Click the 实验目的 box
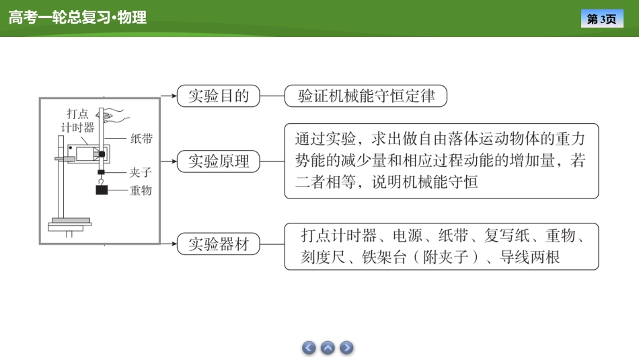pyautogui.click(x=219, y=96)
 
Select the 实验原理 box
pyautogui.click(x=219, y=161)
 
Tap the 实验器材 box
pyautogui.click(x=219, y=244)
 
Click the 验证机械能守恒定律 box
pyautogui.click(x=366, y=96)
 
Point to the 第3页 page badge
pyautogui.click(x=601, y=19)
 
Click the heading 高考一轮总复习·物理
pyautogui.click(x=77, y=18)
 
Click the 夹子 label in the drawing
pyautogui.click(x=141, y=173)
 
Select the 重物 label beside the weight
pyautogui.click(x=141, y=190)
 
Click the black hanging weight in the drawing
pyautogui.click(x=102, y=190)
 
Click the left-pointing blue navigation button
pyautogui.click(x=309, y=348)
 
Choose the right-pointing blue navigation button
pyautogui.click(x=346, y=348)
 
